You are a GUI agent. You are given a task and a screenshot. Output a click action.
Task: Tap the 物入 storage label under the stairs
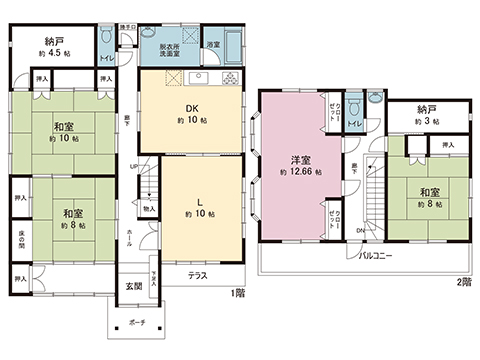click(148, 209)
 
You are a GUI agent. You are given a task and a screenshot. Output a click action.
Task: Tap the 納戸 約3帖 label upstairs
click(427, 115)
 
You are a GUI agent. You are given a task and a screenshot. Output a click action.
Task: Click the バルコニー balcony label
click(377, 256)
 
